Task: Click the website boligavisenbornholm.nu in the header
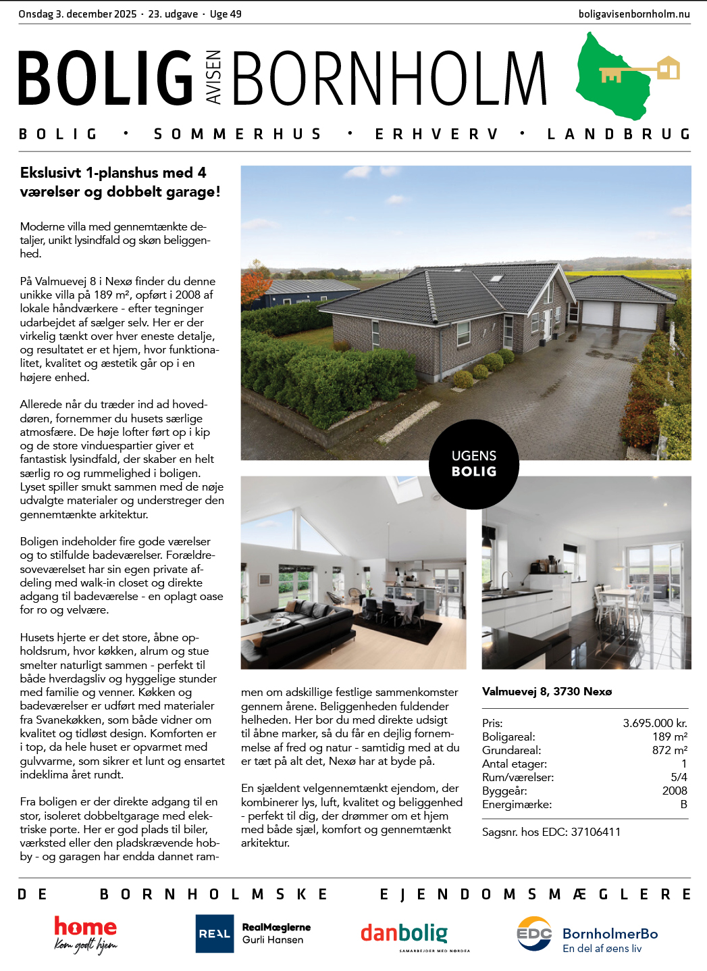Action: click(x=634, y=14)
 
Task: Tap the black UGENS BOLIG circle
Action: click(x=474, y=464)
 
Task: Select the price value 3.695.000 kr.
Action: click(x=654, y=723)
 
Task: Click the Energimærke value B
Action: click(x=683, y=804)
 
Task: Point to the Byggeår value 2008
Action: click(x=674, y=791)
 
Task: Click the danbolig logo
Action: click(x=404, y=934)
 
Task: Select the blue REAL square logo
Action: click(x=214, y=934)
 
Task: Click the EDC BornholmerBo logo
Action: click(x=587, y=935)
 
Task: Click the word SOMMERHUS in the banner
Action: click(x=238, y=134)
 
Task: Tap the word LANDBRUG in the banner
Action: click(x=619, y=134)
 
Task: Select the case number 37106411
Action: click(x=596, y=832)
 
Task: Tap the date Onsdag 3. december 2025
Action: click(x=78, y=14)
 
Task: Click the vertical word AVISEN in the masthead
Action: click(x=213, y=78)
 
